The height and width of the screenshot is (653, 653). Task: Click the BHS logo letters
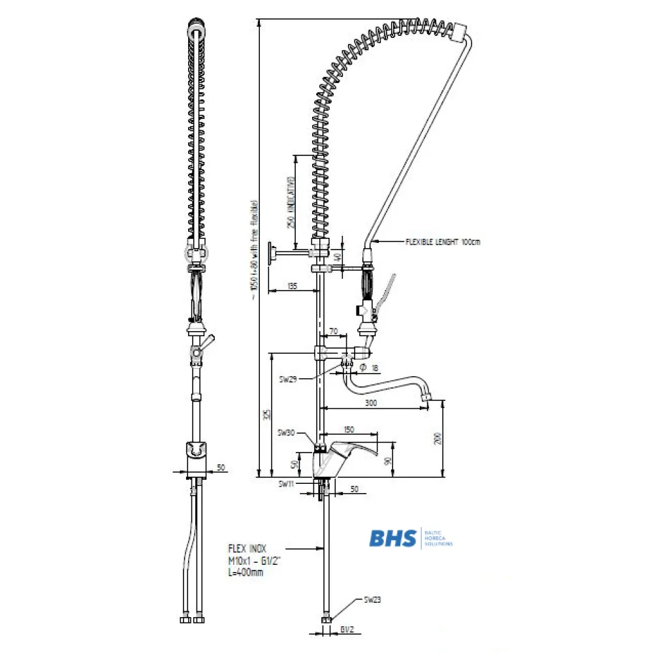pos(392,538)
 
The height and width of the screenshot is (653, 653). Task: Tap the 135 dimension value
pos(292,286)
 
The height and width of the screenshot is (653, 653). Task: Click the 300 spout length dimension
pos(372,404)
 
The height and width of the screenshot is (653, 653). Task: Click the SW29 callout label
pos(287,378)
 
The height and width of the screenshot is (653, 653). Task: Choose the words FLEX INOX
pos(247,549)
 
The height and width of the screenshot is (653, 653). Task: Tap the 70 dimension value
pos(334,332)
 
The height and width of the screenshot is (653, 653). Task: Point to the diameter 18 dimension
pos(370,368)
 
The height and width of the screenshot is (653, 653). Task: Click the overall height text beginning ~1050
pos(253,248)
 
